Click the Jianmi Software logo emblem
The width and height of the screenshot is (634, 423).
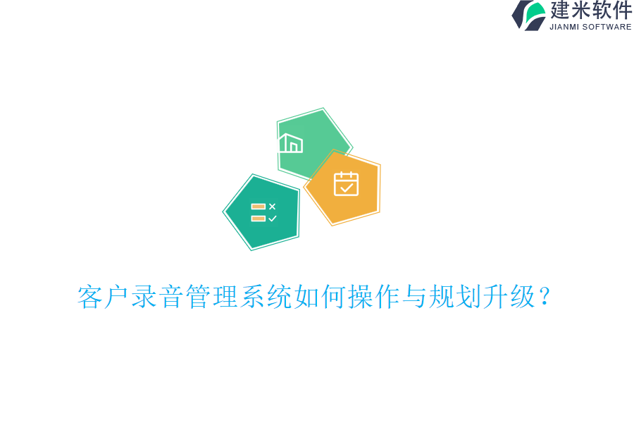(528, 15)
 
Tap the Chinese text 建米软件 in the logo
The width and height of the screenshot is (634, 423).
(590, 11)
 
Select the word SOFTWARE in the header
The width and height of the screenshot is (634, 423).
(607, 27)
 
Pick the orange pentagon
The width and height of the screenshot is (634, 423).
(344, 187)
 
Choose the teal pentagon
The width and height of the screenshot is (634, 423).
(263, 211)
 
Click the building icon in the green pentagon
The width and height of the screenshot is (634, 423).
(290, 143)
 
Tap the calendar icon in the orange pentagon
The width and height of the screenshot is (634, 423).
(346, 184)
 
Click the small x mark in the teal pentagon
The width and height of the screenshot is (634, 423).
(272, 207)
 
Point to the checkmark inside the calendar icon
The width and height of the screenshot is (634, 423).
(346, 188)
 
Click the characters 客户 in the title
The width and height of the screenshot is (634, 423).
(104, 298)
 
